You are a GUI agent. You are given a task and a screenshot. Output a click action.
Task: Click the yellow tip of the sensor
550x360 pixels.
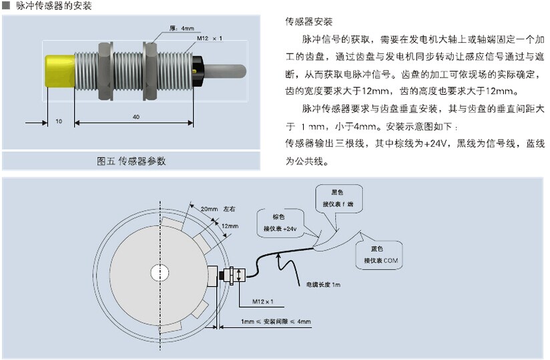coord(59,69)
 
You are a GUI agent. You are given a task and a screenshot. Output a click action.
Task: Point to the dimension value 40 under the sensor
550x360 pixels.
coord(136,117)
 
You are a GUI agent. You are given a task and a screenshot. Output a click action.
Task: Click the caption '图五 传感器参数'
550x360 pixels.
coord(131,161)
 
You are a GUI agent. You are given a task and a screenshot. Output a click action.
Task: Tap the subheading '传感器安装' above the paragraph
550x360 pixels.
coord(308,21)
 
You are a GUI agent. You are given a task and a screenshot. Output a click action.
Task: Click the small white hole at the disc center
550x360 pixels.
coord(160,273)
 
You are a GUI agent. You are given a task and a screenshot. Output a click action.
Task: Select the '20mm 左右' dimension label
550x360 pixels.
coord(218,209)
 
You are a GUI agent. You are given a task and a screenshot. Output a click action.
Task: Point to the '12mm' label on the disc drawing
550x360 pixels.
coord(230,226)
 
